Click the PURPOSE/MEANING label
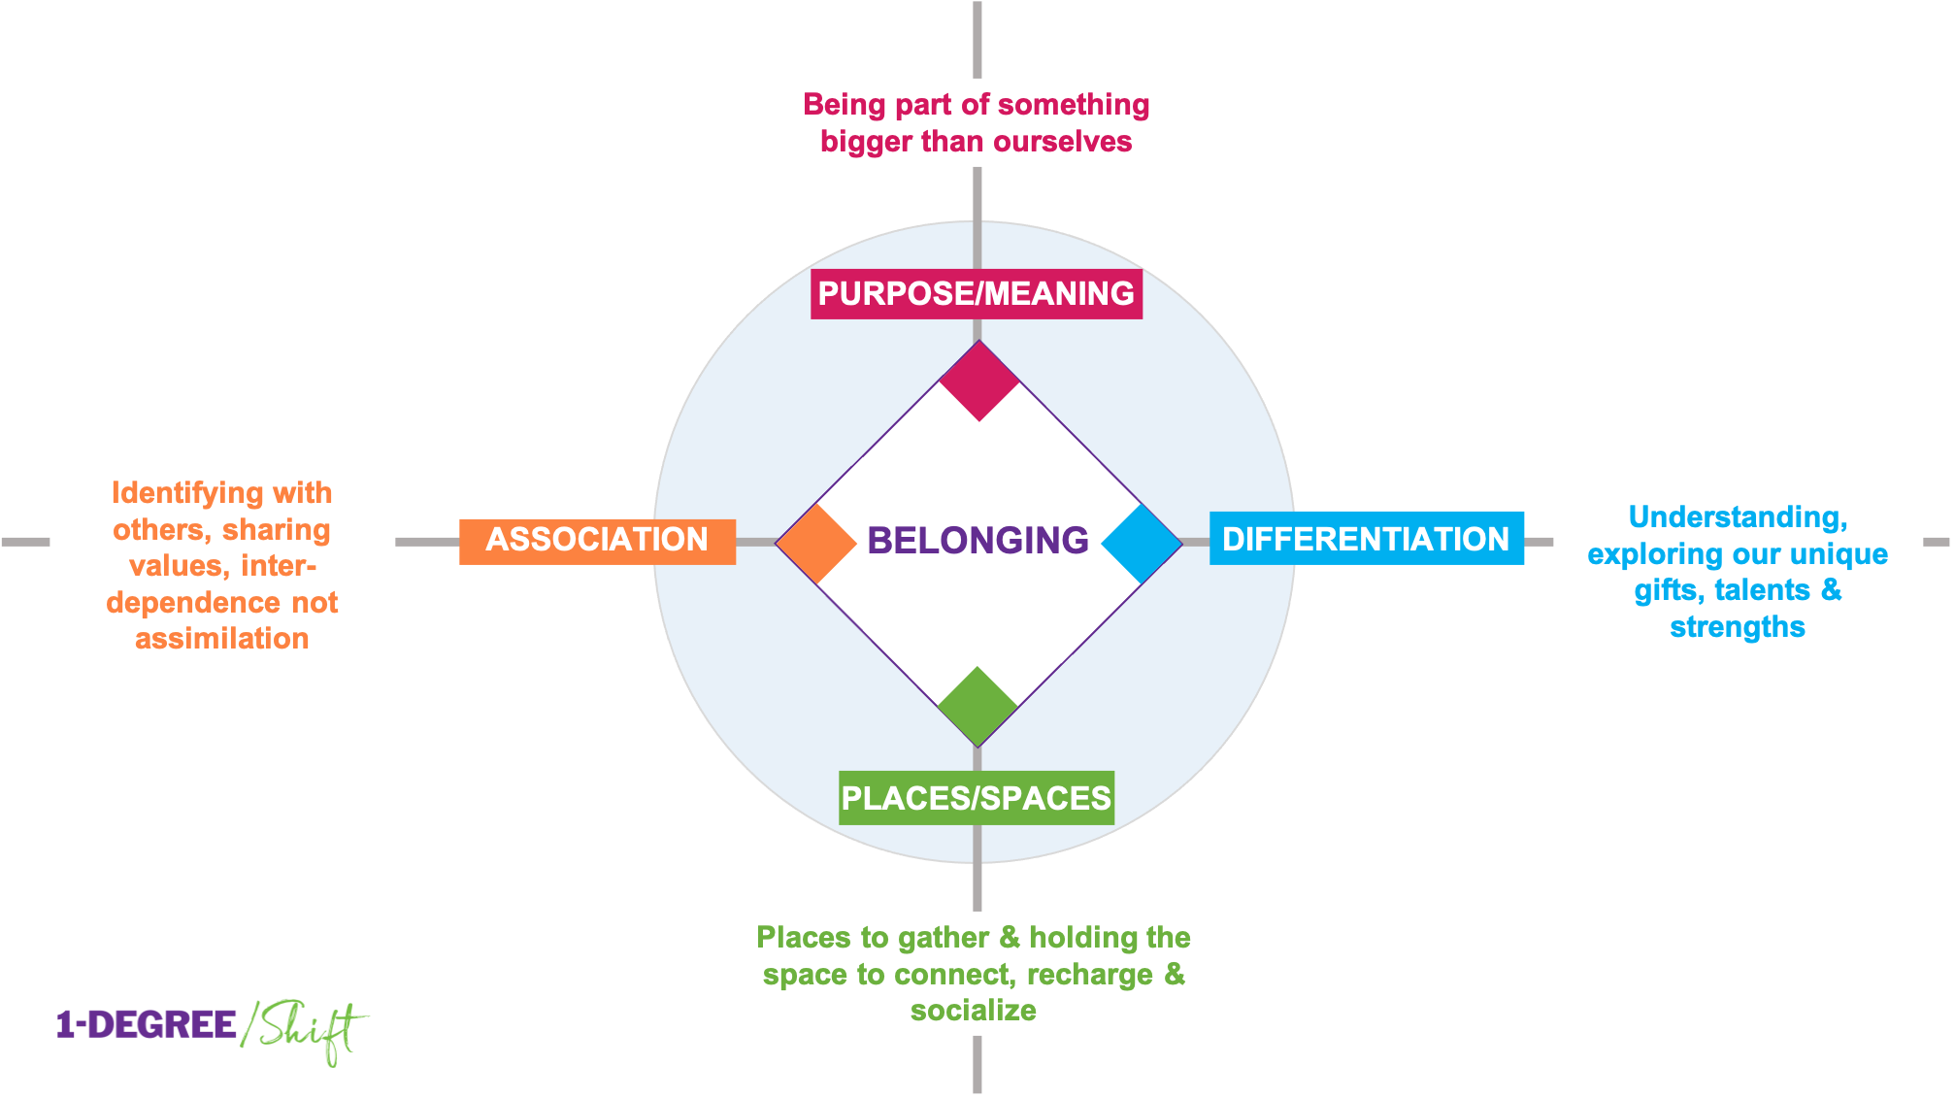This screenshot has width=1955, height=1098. click(x=976, y=293)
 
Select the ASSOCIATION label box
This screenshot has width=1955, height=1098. click(x=597, y=540)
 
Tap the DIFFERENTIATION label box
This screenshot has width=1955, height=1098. click(x=1366, y=539)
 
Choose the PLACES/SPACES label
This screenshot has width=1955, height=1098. click(x=976, y=798)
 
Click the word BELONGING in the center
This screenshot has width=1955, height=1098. click(x=977, y=540)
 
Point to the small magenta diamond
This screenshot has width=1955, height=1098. click(x=978, y=380)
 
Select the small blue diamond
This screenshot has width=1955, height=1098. click(x=1142, y=543)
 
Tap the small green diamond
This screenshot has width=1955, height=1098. click(x=977, y=706)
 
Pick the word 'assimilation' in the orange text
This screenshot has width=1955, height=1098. click(x=221, y=639)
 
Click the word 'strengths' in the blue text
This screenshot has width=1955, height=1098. click(x=1737, y=627)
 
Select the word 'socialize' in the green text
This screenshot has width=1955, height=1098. click(x=973, y=1011)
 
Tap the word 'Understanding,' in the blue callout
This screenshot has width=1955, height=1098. click(x=1738, y=517)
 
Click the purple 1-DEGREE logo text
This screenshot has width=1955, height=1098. click(x=147, y=1024)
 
